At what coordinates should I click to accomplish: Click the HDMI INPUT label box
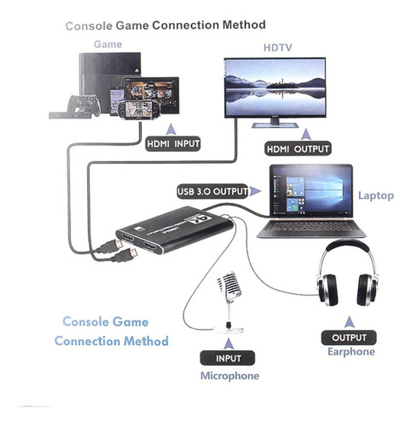[173, 144]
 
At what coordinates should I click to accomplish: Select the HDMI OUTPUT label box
[297, 149]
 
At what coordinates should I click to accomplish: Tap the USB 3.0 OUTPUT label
[213, 191]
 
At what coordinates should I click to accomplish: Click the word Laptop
[376, 196]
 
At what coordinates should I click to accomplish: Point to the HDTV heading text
[278, 48]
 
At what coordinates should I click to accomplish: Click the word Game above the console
[108, 44]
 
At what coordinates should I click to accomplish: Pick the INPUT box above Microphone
[227, 358]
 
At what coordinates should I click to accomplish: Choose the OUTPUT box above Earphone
[349, 338]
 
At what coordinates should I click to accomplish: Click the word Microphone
[229, 376]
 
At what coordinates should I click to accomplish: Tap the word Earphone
[351, 352]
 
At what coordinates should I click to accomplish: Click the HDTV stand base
[275, 125]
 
